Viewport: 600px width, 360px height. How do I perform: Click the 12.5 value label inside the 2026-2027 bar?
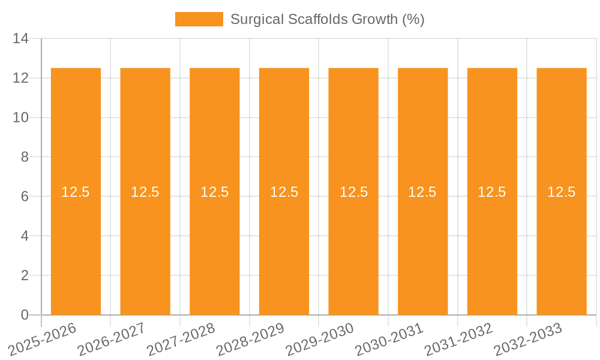[145, 192]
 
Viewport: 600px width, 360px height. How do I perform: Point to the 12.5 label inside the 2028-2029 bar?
[284, 192]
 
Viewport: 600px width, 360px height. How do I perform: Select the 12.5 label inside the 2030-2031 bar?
[422, 192]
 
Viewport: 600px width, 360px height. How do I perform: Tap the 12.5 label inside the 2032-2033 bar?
[562, 192]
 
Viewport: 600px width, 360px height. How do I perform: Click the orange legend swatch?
[199, 19]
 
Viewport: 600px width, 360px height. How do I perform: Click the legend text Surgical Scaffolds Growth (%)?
[327, 19]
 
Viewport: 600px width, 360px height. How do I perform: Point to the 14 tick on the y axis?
[21, 39]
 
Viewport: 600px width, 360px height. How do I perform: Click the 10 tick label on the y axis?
[21, 118]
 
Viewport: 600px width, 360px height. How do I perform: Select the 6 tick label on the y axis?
[25, 197]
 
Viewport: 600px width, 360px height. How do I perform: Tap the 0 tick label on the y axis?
[25, 315]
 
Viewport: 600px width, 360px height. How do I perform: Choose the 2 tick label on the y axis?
[25, 275]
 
